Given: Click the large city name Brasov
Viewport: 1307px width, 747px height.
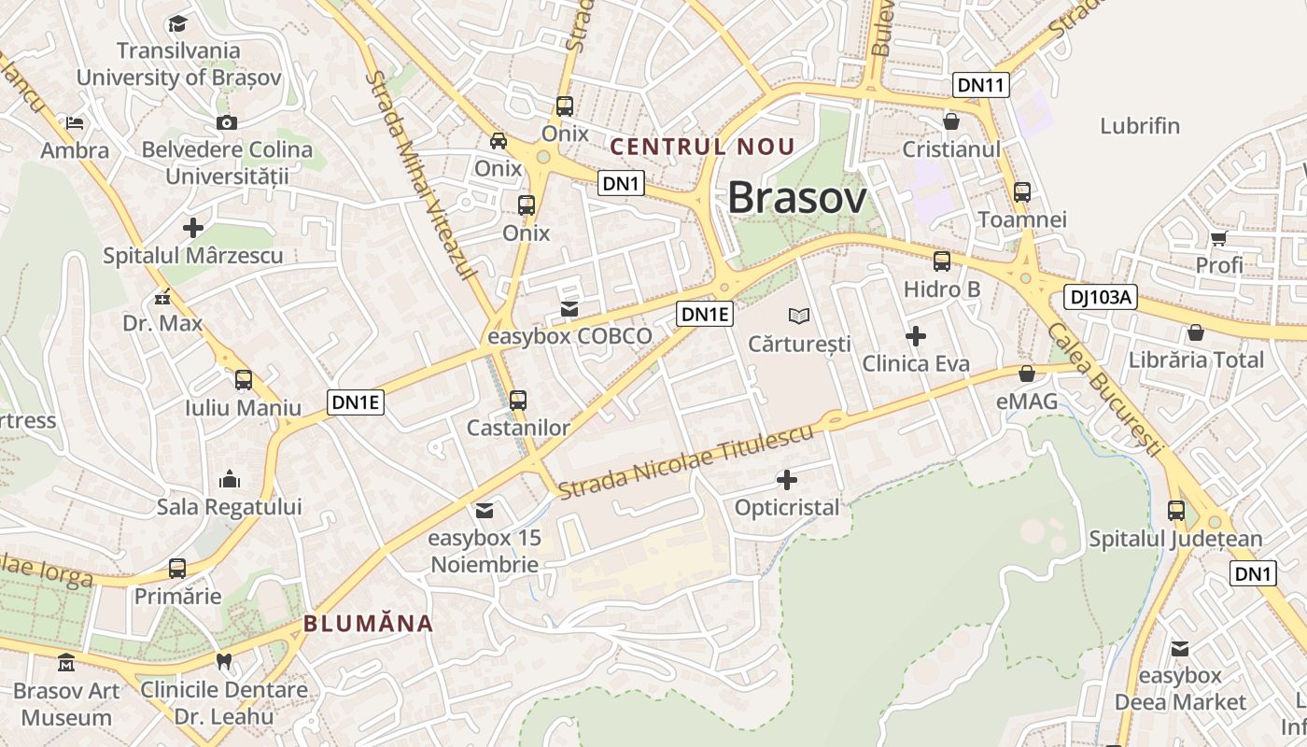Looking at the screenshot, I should (796, 198).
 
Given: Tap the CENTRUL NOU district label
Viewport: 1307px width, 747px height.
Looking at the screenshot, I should (701, 147).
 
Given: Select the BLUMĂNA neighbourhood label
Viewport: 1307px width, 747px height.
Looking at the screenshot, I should (369, 624).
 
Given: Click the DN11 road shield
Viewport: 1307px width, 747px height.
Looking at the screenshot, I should (981, 85).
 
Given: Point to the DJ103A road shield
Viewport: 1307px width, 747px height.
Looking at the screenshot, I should (1101, 298).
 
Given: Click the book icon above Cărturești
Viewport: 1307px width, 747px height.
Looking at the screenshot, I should (799, 316).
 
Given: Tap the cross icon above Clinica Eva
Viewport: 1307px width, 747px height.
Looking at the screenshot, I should (916, 336).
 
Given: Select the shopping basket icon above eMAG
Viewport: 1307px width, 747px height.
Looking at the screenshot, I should (1027, 374).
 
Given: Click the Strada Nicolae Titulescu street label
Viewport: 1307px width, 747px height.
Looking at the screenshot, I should (686, 459).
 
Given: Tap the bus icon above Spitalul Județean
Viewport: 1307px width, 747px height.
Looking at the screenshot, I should (1175, 511).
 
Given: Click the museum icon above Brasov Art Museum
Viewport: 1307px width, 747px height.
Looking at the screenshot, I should (66, 663).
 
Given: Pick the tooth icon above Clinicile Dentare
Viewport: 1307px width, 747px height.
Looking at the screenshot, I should (223, 662).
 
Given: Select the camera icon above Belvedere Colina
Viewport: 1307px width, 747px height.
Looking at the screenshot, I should (226, 122).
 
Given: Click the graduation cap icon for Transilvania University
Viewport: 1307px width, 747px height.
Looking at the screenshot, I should (177, 23).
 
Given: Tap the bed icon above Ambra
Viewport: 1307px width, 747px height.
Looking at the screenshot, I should (75, 122).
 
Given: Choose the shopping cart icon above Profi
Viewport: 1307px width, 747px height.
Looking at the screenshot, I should (1218, 238).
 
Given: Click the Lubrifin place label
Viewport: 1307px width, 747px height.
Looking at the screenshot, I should (1140, 126).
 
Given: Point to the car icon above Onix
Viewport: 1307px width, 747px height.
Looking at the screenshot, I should (499, 141).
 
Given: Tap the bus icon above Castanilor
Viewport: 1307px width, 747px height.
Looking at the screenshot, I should (518, 400).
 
